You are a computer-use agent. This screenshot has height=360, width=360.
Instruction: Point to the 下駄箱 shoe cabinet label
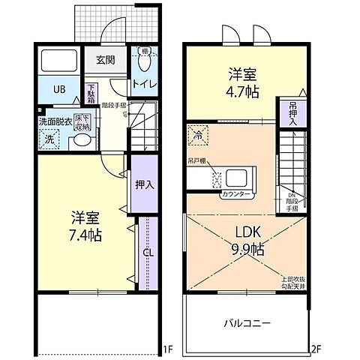pyautogui.click(x=91, y=94)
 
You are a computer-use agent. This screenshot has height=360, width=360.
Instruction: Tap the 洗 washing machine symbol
pyautogui.click(x=49, y=139)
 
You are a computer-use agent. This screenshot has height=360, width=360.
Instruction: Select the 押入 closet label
pyautogui.click(x=144, y=185)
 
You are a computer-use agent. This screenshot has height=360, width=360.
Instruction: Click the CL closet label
pyautogui.click(x=147, y=253)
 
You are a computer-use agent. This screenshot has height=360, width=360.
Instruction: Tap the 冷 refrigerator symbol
pyautogui.click(x=197, y=136)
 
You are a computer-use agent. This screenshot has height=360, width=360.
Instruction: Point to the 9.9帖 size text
pyautogui.click(x=247, y=248)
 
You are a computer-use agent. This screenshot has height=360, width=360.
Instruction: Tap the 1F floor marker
pyautogui.click(x=169, y=349)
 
